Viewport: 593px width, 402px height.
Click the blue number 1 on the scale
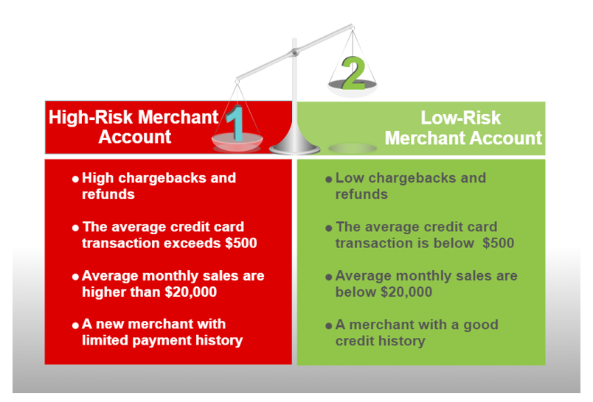coord(235,123)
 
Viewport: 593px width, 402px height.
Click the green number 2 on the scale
coord(353,73)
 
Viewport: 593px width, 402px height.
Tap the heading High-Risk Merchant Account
coord(134,127)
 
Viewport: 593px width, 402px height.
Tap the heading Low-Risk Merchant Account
coord(463,128)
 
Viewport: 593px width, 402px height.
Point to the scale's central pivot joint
coord(294,52)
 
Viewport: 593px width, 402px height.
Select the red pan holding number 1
coord(237,141)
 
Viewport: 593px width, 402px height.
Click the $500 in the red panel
coord(241,243)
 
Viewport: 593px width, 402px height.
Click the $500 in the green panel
coord(498,243)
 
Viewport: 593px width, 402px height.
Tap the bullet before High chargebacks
coord(75,179)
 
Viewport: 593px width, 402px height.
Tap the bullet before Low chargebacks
coord(329,180)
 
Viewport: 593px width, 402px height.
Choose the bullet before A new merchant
coord(75,325)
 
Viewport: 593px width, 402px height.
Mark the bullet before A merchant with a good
coord(329,325)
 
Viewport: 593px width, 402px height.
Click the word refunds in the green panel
coord(361,194)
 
